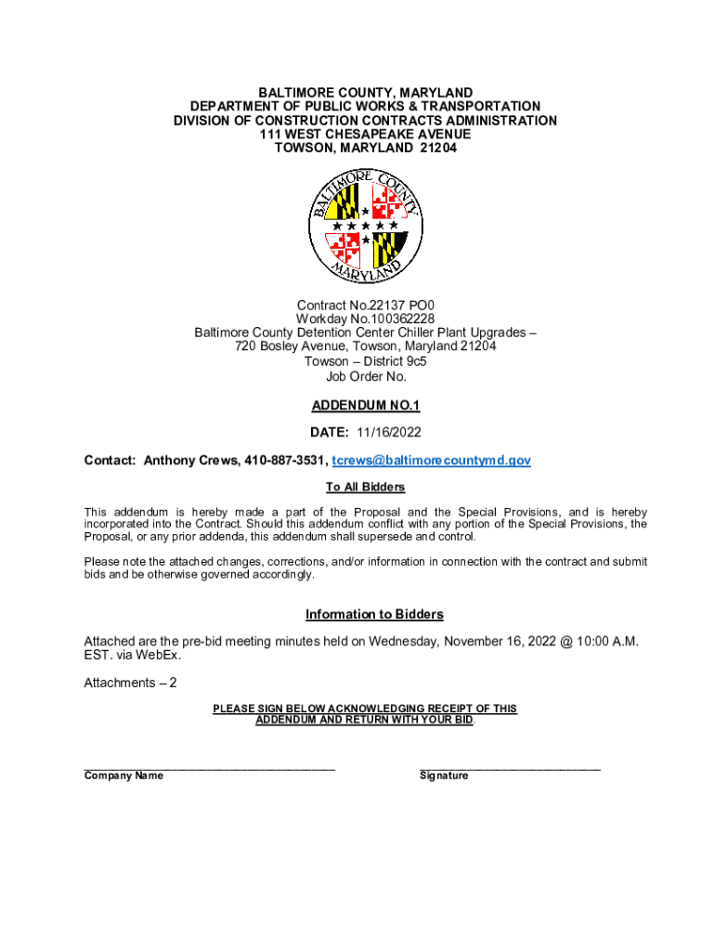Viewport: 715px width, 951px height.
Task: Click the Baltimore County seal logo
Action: pos(365,227)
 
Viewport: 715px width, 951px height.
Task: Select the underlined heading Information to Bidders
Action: pos(374,615)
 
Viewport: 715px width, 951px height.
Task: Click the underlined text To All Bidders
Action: pos(365,488)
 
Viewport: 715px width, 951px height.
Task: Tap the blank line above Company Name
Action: pos(209,766)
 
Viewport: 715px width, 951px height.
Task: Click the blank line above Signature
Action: pos(510,766)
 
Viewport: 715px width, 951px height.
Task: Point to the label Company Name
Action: pos(123,776)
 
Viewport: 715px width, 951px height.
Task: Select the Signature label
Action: pos(444,776)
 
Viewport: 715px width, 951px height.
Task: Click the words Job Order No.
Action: pos(365,376)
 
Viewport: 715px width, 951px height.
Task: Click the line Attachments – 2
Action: pos(130,683)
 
